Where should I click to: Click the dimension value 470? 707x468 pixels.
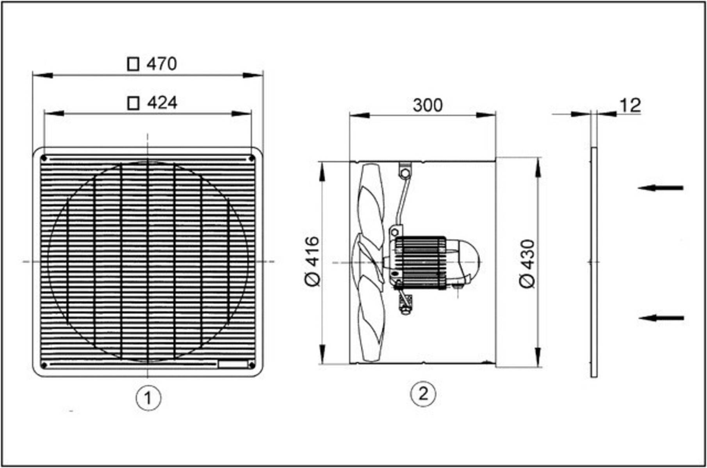point(162,64)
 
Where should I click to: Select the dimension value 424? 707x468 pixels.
point(162,103)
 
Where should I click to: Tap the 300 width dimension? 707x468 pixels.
point(427,105)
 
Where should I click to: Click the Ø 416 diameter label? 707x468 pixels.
point(312,262)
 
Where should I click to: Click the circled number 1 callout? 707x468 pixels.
point(148,398)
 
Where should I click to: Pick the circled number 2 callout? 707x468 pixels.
point(423,394)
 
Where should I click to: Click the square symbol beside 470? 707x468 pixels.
point(133,64)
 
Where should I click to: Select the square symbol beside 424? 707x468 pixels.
point(134,103)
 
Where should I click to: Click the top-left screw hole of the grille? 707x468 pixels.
point(44,159)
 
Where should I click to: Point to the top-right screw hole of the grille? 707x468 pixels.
point(252,159)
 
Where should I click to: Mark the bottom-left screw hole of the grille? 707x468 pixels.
point(44,365)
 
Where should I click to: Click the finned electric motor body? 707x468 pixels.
point(420,262)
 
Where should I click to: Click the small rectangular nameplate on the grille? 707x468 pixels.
point(233,365)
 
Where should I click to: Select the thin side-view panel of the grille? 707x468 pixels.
point(594,262)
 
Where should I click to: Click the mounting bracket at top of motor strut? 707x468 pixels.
point(405,170)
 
